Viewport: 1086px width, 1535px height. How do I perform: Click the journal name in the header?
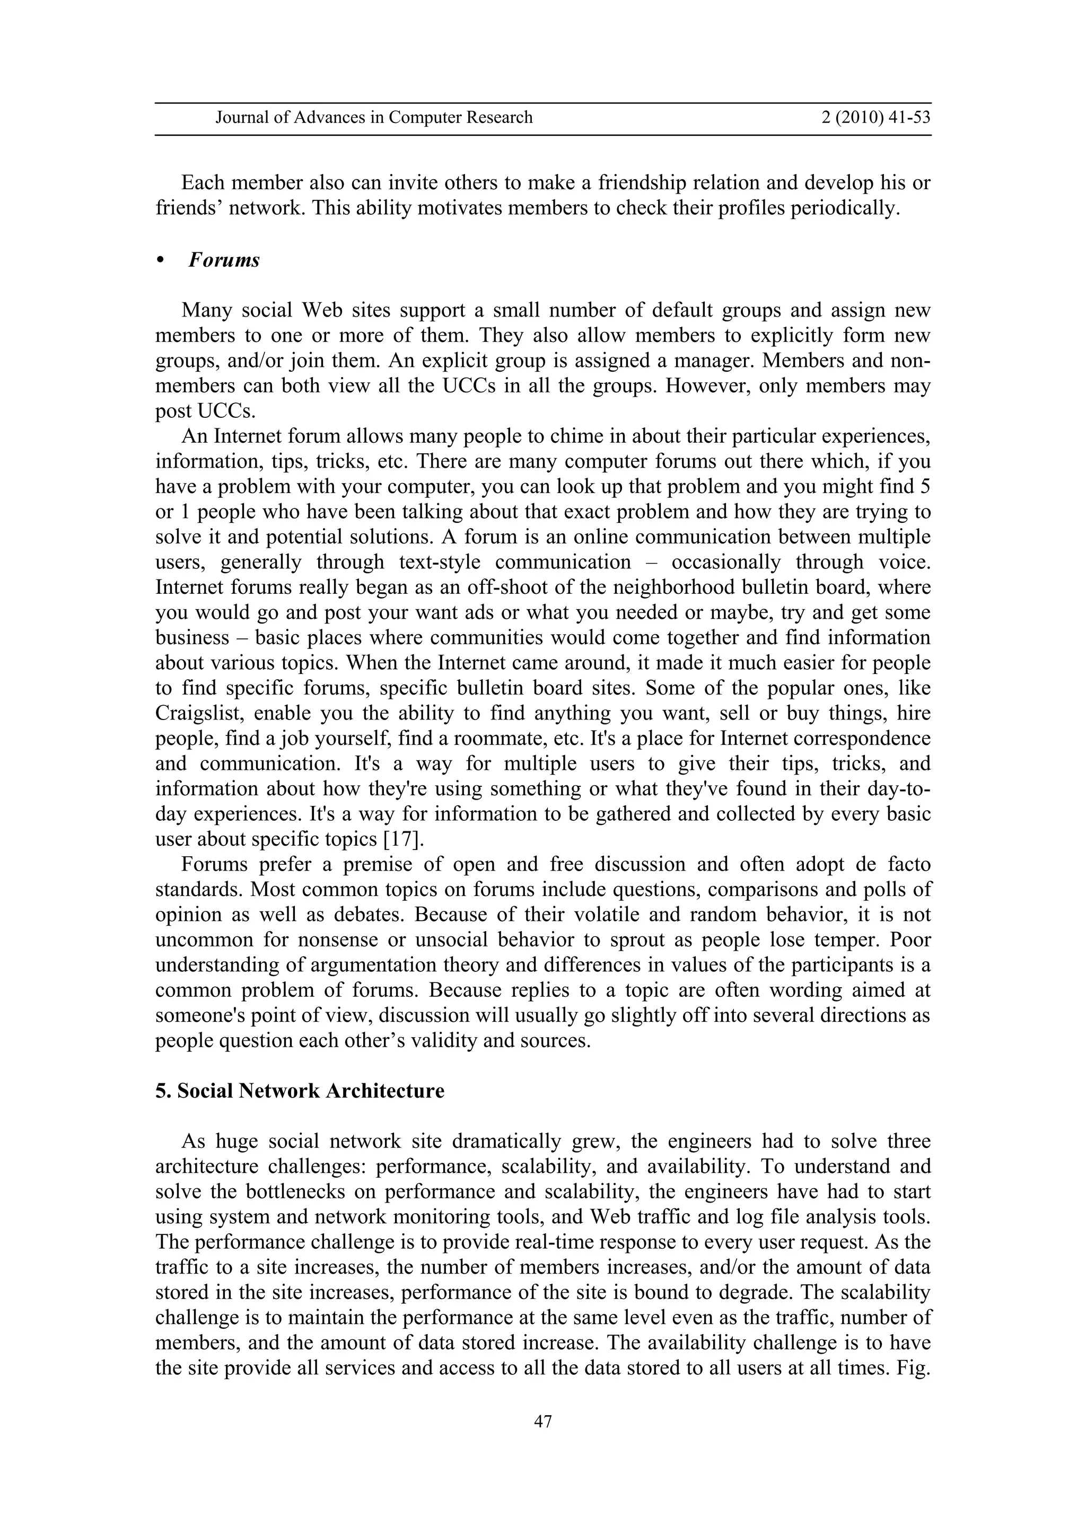tap(374, 118)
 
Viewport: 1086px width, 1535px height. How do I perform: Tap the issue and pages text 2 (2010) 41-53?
tap(875, 118)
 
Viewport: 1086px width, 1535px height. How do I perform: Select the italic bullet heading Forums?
tap(223, 260)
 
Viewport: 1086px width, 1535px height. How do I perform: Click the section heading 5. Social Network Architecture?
tap(300, 1091)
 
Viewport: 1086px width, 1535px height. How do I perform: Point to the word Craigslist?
tap(195, 713)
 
